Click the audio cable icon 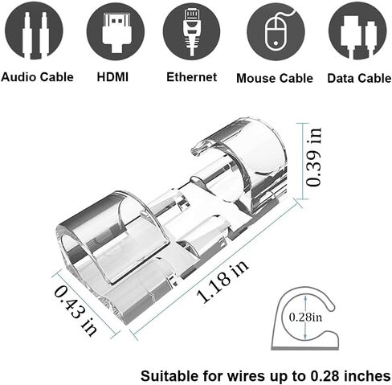pyautogui.click(x=34, y=31)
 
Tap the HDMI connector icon pyautogui.click(x=116, y=31)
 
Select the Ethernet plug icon pyautogui.click(x=191, y=31)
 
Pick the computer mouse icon pyautogui.click(x=276, y=31)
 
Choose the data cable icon pyautogui.click(x=357, y=31)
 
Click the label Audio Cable pyautogui.click(x=37, y=77)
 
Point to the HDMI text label pyautogui.click(x=112, y=77)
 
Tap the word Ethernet pyautogui.click(x=191, y=77)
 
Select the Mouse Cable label pyautogui.click(x=275, y=78)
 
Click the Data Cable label pyautogui.click(x=359, y=78)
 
